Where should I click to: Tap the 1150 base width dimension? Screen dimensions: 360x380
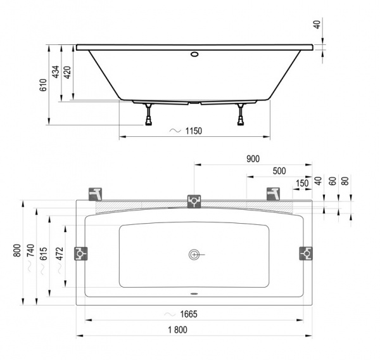pos(193,131)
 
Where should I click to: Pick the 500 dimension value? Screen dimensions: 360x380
pos(279,171)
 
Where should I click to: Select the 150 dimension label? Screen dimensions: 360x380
pos(302,183)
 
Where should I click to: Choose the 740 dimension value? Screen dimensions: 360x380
pos(30,252)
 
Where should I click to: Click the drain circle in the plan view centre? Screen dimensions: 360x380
pos(194,254)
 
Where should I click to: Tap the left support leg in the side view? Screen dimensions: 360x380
pos(149,115)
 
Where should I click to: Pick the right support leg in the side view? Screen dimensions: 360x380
pos(241,115)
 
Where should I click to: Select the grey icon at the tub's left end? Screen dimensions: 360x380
pos(81,254)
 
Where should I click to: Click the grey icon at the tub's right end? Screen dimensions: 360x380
pos(306,254)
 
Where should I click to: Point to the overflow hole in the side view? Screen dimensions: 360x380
pos(194,53)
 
